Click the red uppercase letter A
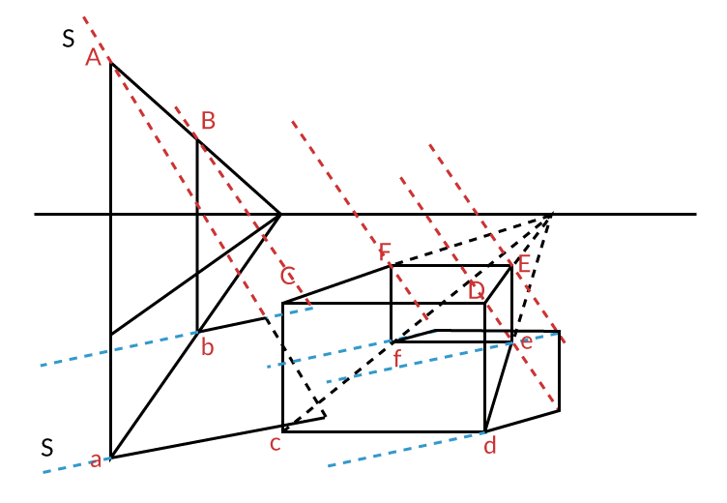point(93,57)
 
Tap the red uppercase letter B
point(208,121)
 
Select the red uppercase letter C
point(287,277)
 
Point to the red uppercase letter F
point(385,252)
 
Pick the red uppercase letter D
point(476,290)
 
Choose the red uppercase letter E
point(524,264)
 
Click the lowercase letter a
point(95,460)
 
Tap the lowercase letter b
point(207,348)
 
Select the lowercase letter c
point(275,444)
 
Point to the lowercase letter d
point(490,446)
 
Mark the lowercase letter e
point(527,341)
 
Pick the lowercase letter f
point(397,360)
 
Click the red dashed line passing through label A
point(174,164)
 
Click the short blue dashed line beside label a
point(68,467)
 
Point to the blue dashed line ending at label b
point(116,349)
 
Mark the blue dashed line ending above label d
point(406,450)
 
